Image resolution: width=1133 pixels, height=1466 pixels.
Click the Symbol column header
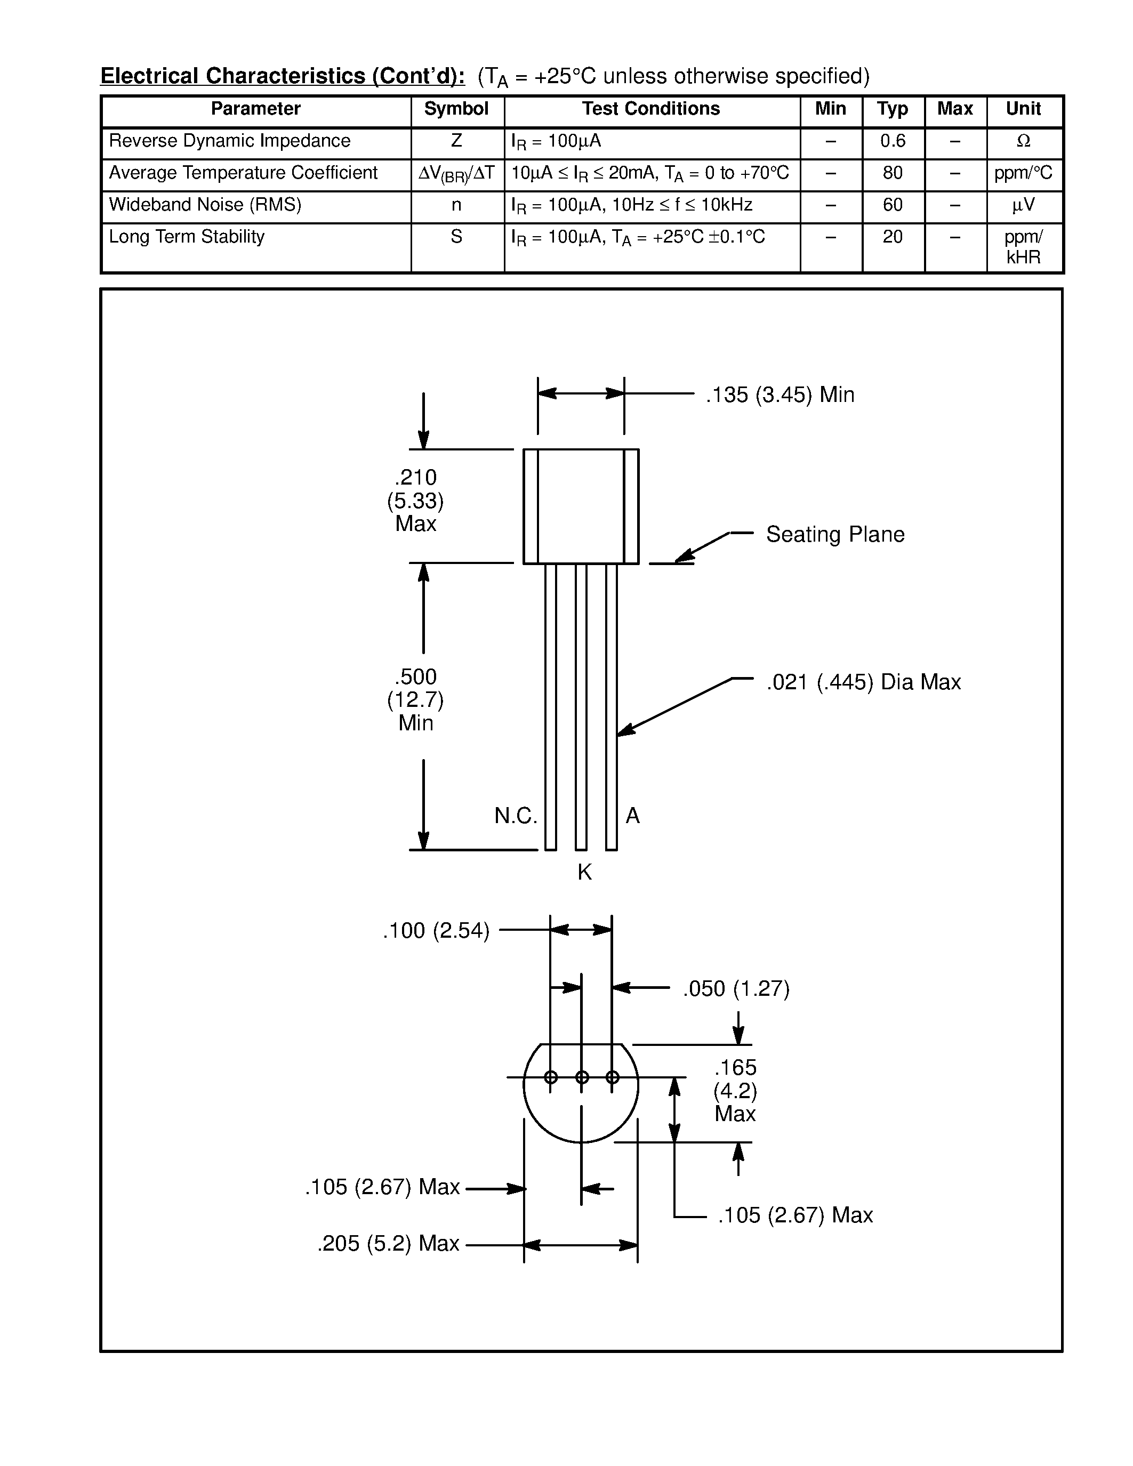click(x=456, y=109)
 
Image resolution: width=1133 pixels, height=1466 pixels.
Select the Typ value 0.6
click(x=893, y=141)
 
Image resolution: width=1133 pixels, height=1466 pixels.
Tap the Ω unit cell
click(x=1023, y=141)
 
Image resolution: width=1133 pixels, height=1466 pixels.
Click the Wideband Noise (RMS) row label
click(x=205, y=205)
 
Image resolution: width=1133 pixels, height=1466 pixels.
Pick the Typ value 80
click(x=893, y=173)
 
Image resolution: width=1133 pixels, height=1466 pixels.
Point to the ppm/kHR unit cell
click(x=1023, y=246)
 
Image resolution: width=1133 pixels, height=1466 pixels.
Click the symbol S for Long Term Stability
click(x=456, y=237)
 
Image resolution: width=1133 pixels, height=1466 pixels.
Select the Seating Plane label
click(x=835, y=534)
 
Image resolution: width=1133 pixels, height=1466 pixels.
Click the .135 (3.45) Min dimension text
click(x=780, y=394)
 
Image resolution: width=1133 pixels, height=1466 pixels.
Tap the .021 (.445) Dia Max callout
click(x=863, y=682)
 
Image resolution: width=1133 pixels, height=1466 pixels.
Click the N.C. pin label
click(x=516, y=816)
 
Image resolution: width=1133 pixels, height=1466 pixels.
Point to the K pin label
click(x=584, y=872)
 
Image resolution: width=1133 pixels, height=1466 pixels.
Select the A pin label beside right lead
click(x=632, y=816)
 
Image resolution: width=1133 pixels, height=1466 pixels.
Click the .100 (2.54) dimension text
click(x=436, y=931)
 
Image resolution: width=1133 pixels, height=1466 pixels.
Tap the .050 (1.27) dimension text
click(x=736, y=989)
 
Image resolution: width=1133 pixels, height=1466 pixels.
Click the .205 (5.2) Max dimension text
click(x=388, y=1244)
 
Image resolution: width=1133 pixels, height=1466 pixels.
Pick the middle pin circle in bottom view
click(x=582, y=1077)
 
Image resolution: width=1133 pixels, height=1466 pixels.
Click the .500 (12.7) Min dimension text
click(x=415, y=699)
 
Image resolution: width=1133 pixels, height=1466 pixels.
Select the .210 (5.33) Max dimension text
click(x=415, y=500)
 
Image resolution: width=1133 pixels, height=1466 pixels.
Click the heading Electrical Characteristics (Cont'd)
click(x=282, y=76)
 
